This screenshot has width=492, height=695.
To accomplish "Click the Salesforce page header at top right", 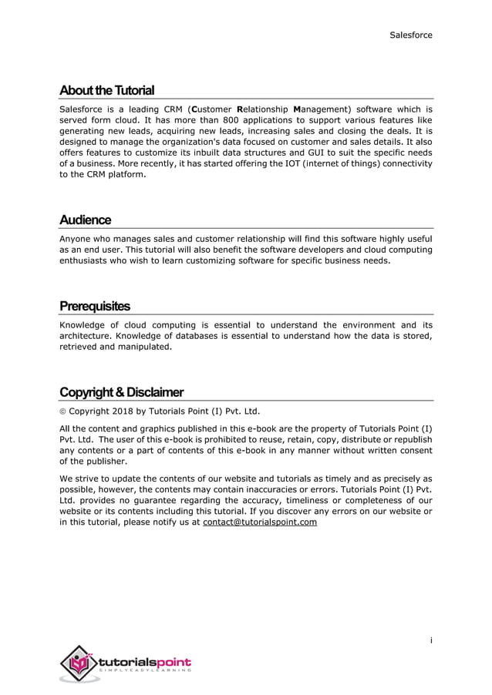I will (x=410, y=35).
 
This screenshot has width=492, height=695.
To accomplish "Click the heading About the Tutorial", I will (x=106, y=90).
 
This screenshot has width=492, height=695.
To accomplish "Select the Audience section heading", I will (x=85, y=220).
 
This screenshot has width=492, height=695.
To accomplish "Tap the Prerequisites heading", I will (x=95, y=306).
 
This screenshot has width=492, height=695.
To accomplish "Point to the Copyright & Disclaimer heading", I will (x=121, y=392).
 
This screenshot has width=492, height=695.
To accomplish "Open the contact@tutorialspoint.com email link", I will (x=259, y=522).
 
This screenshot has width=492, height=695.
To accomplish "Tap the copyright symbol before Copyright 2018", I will (x=63, y=411).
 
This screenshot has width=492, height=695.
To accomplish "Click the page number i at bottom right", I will (x=430, y=640).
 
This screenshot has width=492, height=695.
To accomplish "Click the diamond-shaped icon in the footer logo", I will (x=79, y=663).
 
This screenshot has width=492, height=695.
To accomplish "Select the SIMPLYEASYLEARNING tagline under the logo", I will (x=145, y=672).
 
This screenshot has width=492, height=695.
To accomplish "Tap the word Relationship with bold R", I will (x=262, y=110).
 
